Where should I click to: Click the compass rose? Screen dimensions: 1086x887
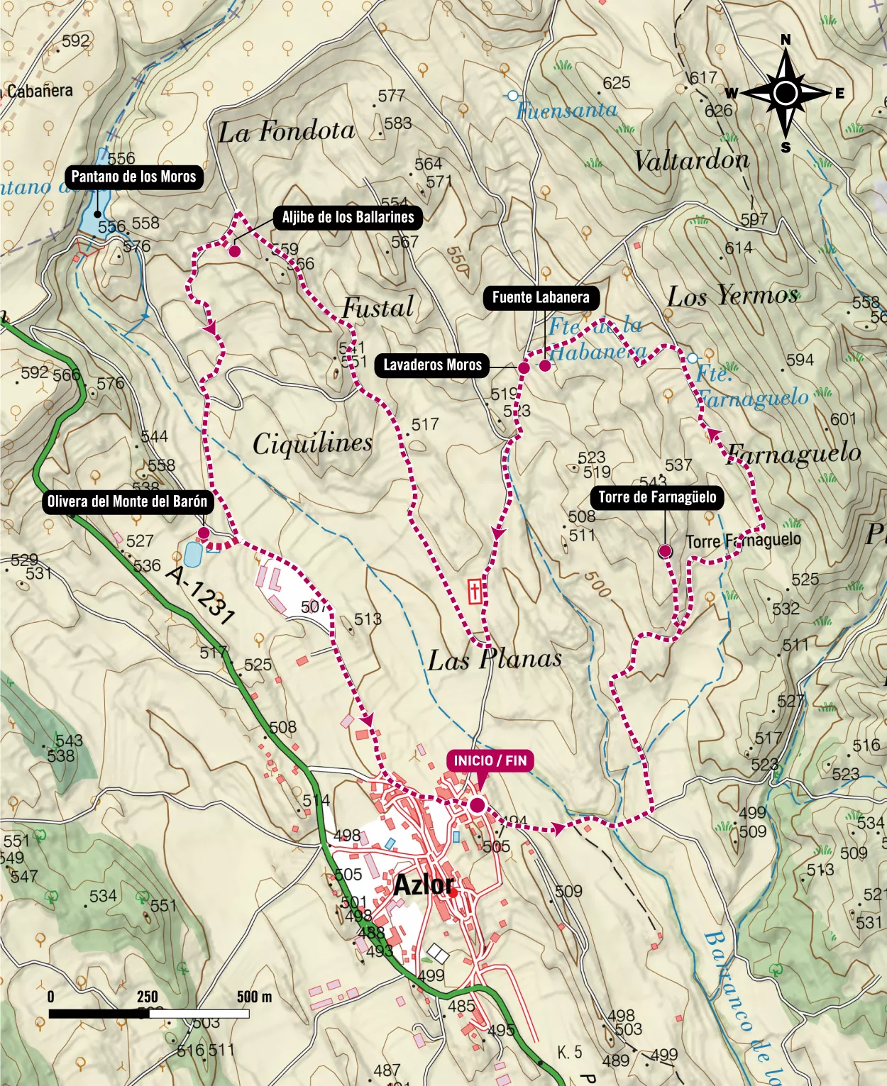[786, 93]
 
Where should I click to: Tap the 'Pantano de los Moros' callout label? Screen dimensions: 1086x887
[133, 177]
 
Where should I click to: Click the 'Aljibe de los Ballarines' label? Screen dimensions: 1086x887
[348, 217]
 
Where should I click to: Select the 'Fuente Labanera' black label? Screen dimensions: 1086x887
[541, 297]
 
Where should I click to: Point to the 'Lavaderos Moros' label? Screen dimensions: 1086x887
[432, 365]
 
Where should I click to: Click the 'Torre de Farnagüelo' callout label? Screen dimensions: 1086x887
[657, 497]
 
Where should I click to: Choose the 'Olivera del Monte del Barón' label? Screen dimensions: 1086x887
[127, 502]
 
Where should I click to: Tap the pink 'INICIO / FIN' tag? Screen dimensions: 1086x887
[490, 761]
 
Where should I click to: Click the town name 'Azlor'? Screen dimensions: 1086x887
[424, 885]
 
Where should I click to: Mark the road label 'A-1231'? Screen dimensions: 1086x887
[200, 594]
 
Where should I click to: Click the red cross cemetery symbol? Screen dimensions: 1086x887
[475, 591]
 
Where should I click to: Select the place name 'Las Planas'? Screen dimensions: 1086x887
[495, 660]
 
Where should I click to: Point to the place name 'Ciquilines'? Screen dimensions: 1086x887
[312, 444]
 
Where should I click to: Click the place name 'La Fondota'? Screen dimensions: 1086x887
[286, 132]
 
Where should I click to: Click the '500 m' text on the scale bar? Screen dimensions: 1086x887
[254, 997]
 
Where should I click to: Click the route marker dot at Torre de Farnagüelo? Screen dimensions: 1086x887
[665, 551]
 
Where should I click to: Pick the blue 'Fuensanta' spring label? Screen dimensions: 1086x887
[567, 111]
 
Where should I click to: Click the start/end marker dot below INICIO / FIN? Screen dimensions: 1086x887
[477, 805]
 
